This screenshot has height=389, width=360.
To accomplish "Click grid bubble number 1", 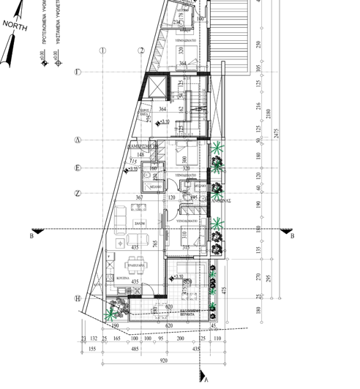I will tap(103, 50).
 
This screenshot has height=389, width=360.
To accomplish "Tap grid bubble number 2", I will tap(141, 50).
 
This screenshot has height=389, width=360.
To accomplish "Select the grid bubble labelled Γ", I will tap(78, 71).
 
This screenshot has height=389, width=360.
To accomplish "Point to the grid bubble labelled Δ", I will tap(78, 140).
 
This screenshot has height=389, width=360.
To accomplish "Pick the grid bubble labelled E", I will tap(78, 168).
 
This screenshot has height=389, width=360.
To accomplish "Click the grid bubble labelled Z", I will tap(78, 193).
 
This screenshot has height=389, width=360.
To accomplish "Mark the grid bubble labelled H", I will tap(78, 298).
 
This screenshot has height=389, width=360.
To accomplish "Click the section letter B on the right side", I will tap(292, 236).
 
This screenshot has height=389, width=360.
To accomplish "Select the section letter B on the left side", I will tap(31, 236).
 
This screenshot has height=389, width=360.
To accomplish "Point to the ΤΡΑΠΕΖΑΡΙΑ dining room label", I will tap(129, 266).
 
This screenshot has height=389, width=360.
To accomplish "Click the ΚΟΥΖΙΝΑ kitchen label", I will tap(122, 279).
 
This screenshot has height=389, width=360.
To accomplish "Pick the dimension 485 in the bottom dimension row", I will tap(135, 350).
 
